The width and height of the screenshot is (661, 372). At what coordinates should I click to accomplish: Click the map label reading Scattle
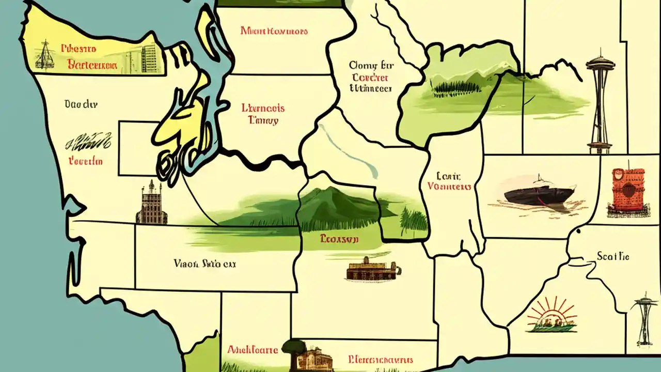(x=613, y=256)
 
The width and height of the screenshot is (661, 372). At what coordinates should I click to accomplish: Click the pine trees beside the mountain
(x=414, y=220)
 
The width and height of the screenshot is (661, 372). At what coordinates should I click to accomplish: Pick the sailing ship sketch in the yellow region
(x=44, y=55)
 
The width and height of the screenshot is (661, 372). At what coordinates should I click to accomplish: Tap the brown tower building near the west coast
(x=151, y=204)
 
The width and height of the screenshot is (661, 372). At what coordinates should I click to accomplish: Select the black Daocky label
(x=81, y=104)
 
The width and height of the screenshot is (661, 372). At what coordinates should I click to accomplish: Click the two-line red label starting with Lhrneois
(x=263, y=114)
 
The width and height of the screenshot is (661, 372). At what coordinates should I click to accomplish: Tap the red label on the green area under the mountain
(x=339, y=239)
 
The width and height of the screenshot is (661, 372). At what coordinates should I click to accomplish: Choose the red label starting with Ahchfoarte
(x=253, y=350)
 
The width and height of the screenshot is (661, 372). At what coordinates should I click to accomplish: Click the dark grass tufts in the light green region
(x=454, y=89)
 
